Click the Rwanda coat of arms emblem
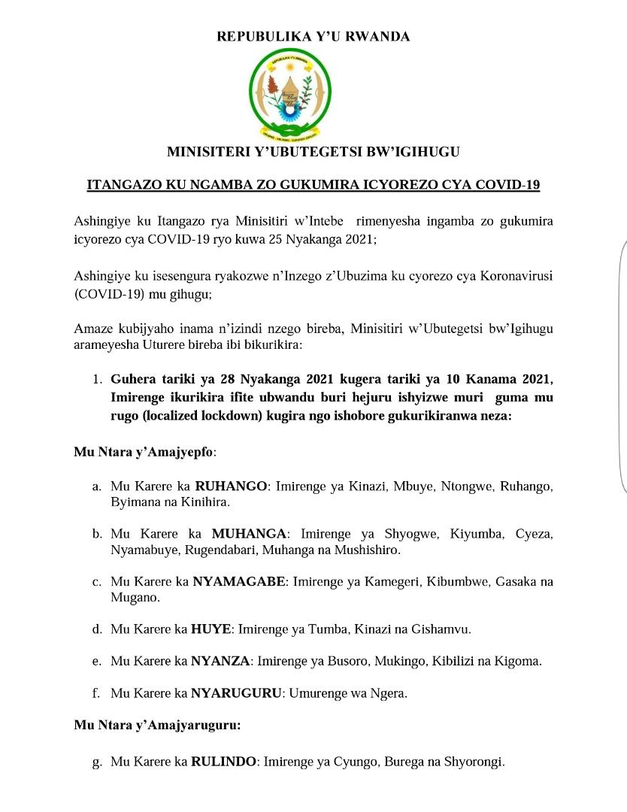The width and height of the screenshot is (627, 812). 289,92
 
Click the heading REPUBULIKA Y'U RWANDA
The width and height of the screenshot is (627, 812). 313,37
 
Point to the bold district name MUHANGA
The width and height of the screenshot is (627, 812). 249,534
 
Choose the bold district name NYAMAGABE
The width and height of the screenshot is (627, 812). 239,581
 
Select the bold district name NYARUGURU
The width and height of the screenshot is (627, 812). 235,693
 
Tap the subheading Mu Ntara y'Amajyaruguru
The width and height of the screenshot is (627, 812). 157,726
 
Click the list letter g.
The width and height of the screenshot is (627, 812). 96,762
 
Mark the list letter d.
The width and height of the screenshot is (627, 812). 96,629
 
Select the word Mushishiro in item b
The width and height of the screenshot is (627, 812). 368,550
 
